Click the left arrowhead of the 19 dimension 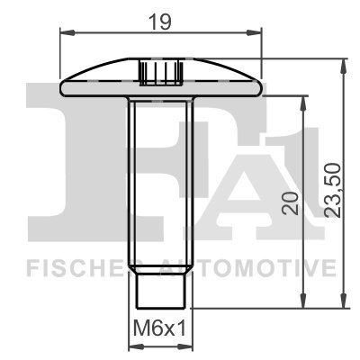click(x=65, y=31)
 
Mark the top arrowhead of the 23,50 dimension click(x=344, y=65)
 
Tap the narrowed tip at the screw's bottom click(x=162, y=290)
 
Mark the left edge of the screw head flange click(x=62, y=88)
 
